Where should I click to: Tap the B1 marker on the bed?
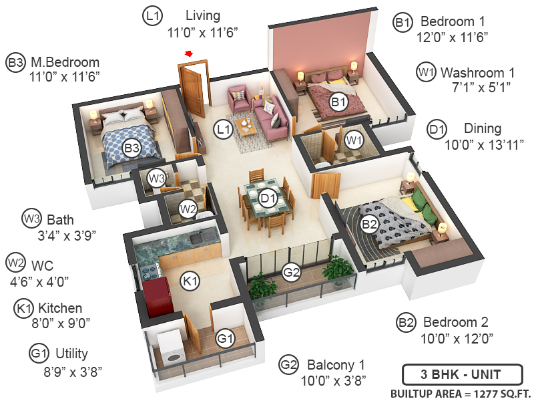[x=338, y=102]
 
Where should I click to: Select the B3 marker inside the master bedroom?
[x=131, y=147]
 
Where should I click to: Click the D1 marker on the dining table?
[x=268, y=198]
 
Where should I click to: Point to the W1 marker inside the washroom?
[x=354, y=140]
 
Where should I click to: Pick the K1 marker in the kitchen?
[x=190, y=281]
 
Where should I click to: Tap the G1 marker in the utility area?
[x=226, y=339]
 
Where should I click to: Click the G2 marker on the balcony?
[x=291, y=272]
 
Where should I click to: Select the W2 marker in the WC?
[x=188, y=209]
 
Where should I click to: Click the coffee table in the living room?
[x=248, y=126]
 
